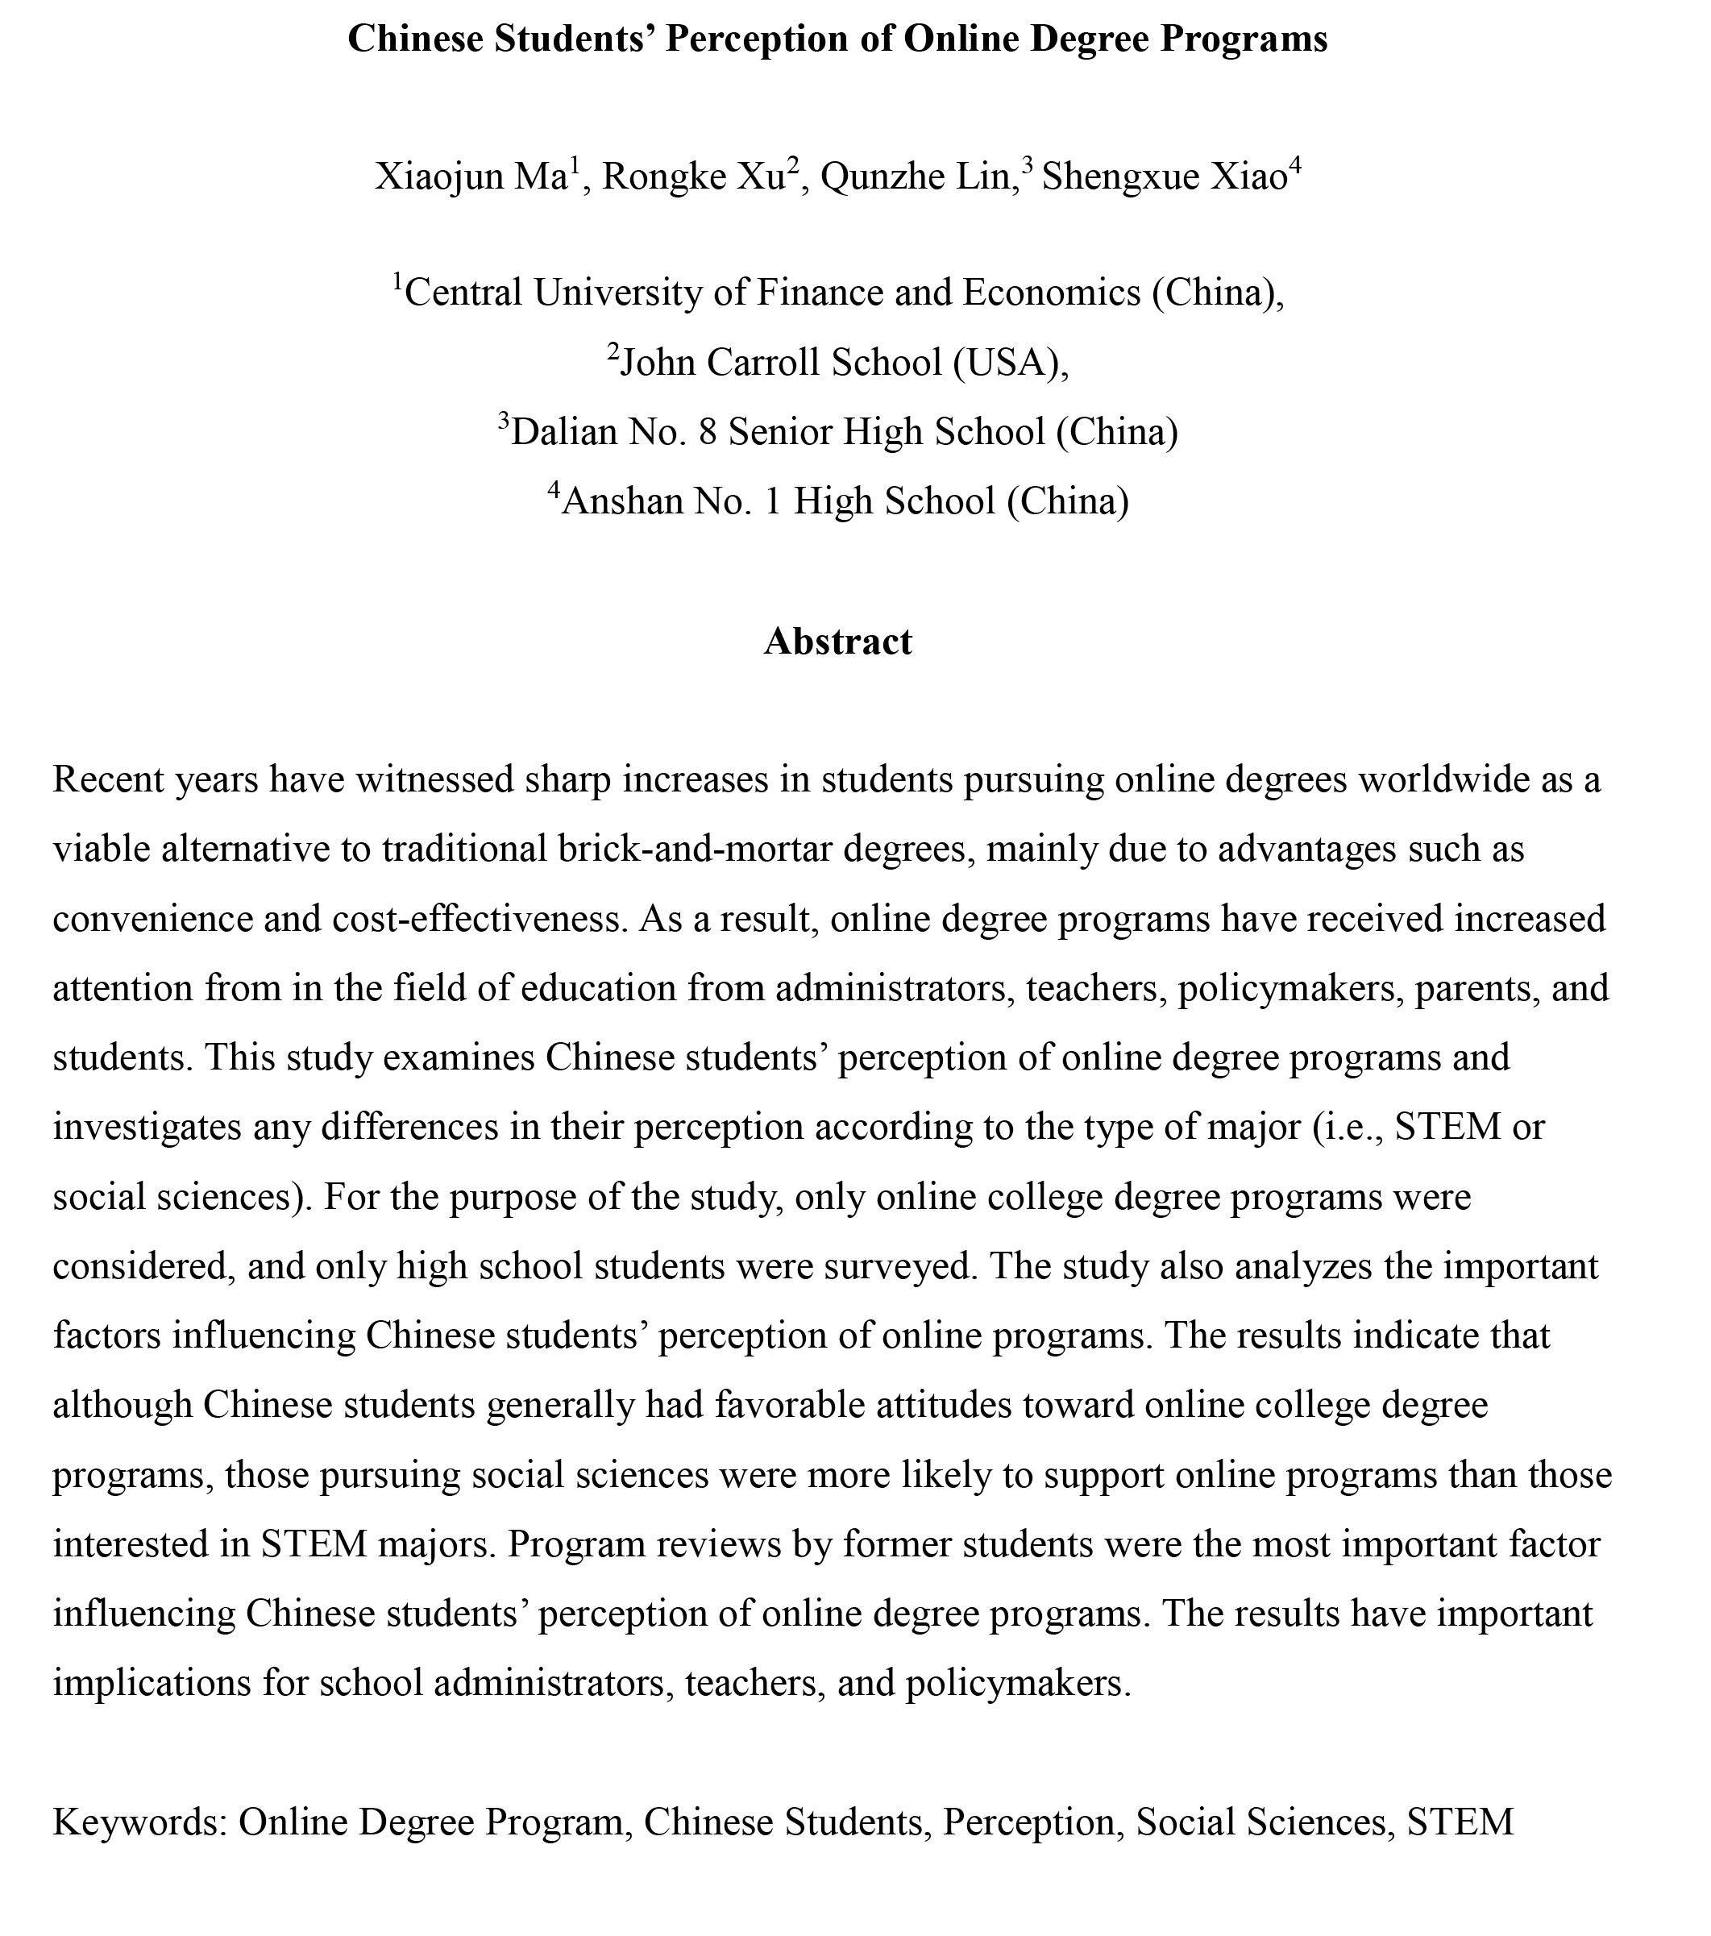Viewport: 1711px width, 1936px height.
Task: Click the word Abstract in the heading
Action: [838, 642]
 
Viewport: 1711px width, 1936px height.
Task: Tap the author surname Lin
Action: [985, 177]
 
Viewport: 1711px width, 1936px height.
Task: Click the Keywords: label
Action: [139, 1822]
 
